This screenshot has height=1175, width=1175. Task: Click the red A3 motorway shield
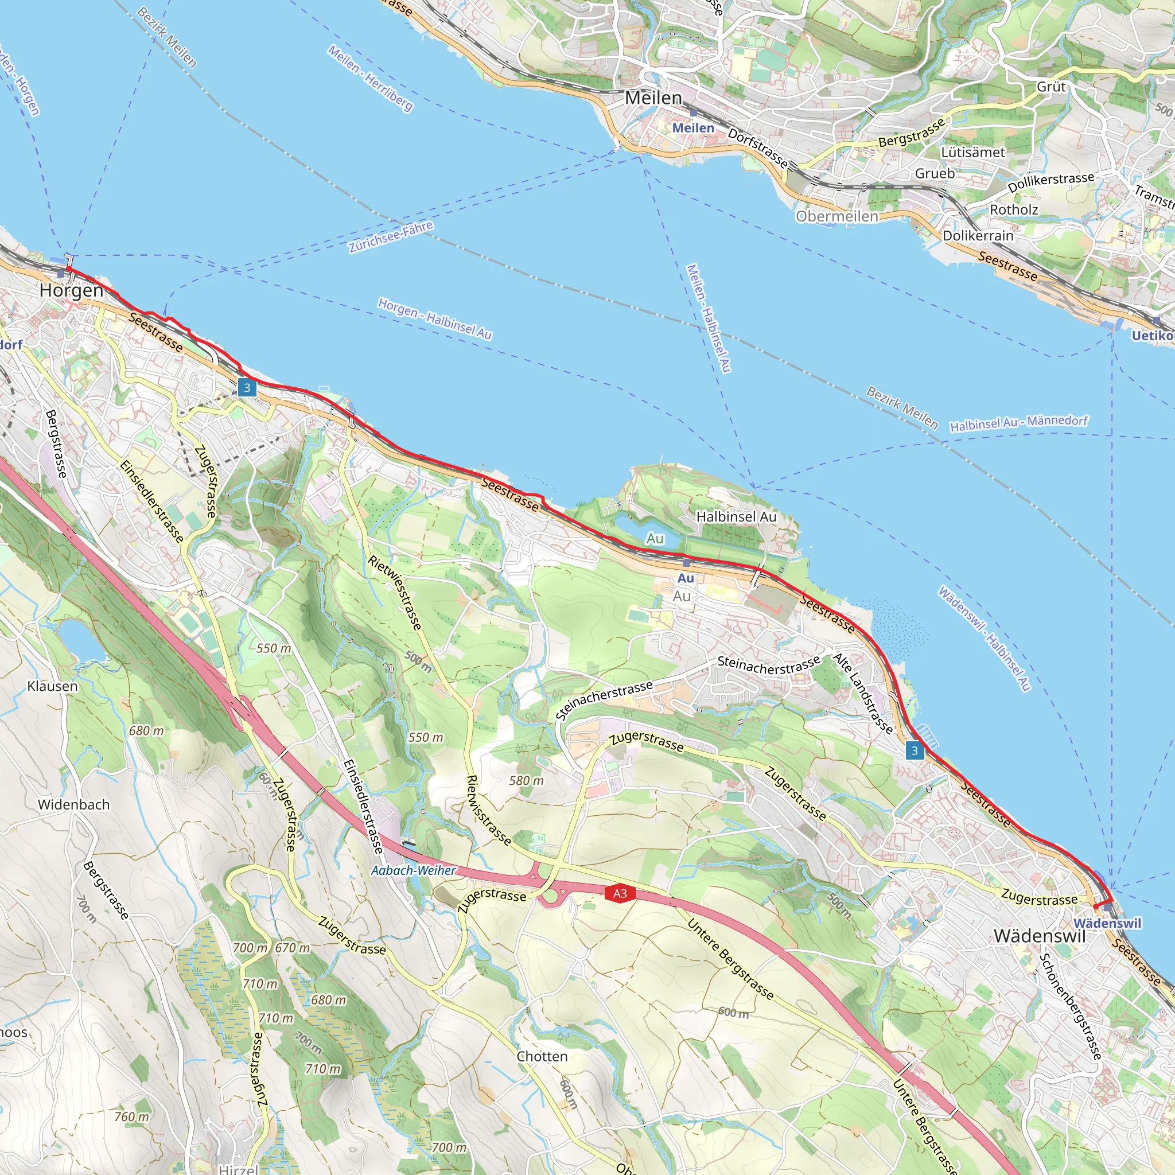pyautogui.click(x=619, y=893)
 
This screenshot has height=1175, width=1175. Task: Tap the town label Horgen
pyautogui.click(x=71, y=291)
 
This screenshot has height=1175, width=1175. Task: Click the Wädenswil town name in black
pyautogui.click(x=1040, y=936)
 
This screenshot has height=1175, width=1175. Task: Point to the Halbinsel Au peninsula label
pyautogui.click(x=736, y=517)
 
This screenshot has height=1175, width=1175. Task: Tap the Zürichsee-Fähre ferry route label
pyautogui.click(x=391, y=236)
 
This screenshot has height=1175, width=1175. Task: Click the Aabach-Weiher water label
pyautogui.click(x=414, y=870)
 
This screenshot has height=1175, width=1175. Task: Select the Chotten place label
pyautogui.click(x=542, y=1056)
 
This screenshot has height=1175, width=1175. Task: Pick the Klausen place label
pyautogui.click(x=52, y=686)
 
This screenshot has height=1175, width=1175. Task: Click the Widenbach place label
pyautogui.click(x=73, y=804)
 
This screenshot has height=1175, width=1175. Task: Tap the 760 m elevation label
pyautogui.click(x=131, y=1116)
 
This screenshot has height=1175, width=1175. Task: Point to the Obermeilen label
pyautogui.click(x=837, y=216)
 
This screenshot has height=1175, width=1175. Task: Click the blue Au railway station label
pyautogui.click(x=686, y=578)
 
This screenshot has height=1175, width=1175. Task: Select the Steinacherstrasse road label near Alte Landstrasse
pyautogui.click(x=769, y=665)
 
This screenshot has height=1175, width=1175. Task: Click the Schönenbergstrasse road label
pyautogui.click(x=1070, y=1006)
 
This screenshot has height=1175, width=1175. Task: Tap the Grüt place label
pyautogui.click(x=1051, y=87)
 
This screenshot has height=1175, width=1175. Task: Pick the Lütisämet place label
pyautogui.click(x=973, y=152)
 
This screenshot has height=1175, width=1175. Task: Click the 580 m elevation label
pyautogui.click(x=526, y=780)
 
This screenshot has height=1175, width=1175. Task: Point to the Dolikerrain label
pyautogui.click(x=978, y=235)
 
